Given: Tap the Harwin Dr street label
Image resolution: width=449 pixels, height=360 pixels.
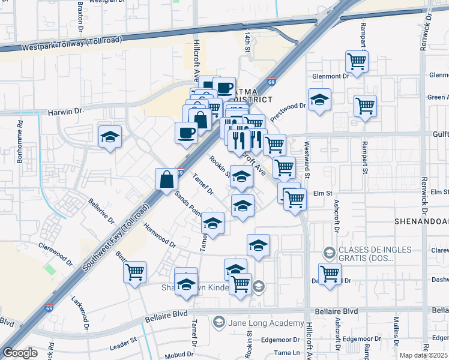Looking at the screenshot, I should pyautogui.click(x=65, y=112).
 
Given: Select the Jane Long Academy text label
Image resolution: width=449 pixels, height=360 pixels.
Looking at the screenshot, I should pyautogui.click(x=262, y=323).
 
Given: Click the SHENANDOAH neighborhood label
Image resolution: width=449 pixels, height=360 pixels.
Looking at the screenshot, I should pyautogui.click(x=421, y=221).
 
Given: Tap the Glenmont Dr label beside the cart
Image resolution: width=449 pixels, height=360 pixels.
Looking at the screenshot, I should pyautogui.click(x=330, y=76).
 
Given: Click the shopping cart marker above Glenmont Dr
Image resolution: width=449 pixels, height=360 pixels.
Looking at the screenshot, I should pyautogui.click(x=357, y=61).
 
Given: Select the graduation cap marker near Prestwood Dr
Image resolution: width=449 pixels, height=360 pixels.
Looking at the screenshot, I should pyautogui.click(x=319, y=100).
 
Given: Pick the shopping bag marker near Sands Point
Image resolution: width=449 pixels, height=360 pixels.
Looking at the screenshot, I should pyautogui.click(x=166, y=179).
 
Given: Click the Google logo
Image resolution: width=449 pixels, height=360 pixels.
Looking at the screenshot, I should pyautogui.click(x=20, y=353).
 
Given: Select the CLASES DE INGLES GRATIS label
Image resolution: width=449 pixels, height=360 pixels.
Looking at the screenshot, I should pyautogui.click(x=375, y=254).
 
